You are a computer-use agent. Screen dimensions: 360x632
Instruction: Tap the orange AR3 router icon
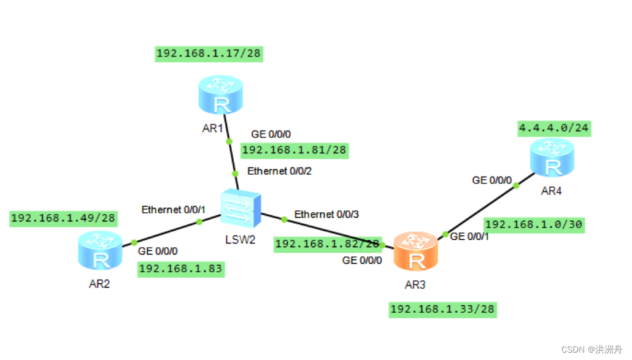(x=416, y=251)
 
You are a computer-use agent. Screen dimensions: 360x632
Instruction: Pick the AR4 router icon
(x=552, y=157)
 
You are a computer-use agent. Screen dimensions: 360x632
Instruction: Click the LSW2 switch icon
(x=239, y=209)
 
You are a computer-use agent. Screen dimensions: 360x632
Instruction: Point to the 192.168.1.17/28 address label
(x=209, y=53)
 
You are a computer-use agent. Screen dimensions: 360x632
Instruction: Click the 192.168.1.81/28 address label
(x=294, y=150)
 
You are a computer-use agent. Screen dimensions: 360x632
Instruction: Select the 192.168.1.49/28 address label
(x=64, y=218)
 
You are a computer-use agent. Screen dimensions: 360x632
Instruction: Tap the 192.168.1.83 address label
(x=180, y=268)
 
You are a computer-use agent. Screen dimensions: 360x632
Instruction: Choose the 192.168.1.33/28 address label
(x=442, y=309)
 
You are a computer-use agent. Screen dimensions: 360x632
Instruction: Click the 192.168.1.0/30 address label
(x=533, y=224)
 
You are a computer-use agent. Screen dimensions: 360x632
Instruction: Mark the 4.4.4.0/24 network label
(x=554, y=128)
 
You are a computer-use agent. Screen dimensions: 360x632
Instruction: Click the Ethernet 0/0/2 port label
(x=279, y=171)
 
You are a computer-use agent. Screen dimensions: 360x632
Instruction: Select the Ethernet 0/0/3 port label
(x=326, y=214)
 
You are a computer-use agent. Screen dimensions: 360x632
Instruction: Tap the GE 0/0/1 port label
(x=469, y=236)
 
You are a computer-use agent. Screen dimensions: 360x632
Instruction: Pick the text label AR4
(x=551, y=191)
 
